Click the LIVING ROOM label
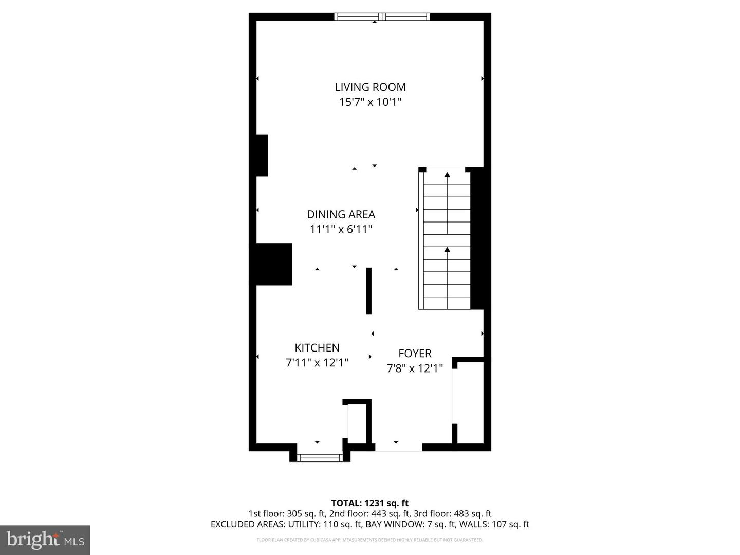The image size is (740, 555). (370, 87)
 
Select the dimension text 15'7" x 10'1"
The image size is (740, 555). (370, 102)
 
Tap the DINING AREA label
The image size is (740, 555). (341, 214)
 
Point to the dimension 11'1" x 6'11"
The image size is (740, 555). (341, 229)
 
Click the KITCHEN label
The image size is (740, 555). (317, 348)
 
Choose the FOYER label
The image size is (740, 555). (415, 354)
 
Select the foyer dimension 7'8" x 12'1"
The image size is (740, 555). (415, 368)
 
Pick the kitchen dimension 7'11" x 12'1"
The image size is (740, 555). (317, 363)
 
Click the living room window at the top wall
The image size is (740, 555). (381, 17)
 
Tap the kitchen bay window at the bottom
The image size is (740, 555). (320, 457)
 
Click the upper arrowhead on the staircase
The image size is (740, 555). (447, 175)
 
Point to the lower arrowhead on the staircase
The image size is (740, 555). (447, 250)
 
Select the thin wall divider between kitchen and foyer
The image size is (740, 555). (368, 290)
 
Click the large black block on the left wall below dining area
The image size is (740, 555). (271, 264)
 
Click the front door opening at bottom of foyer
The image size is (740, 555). (398, 447)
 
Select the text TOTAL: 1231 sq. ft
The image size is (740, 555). (369, 503)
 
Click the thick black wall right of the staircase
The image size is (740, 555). (477, 238)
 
